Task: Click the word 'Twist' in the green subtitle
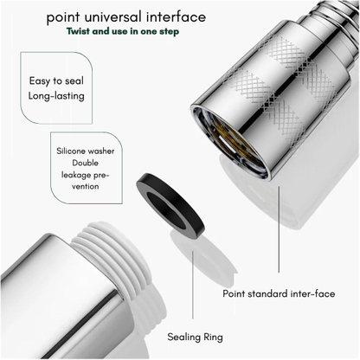(x=78, y=31)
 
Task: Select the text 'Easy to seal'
(x=56, y=81)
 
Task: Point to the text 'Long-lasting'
(x=56, y=96)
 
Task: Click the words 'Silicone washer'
(x=86, y=151)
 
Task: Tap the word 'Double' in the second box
(x=85, y=163)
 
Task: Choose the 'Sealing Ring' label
(x=195, y=337)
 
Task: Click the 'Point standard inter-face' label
(x=279, y=293)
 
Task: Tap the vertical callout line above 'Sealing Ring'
(x=193, y=285)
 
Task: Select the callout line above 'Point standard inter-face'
(x=279, y=229)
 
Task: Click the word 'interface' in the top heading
(x=176, y=16)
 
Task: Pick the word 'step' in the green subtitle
(x=169, y=31)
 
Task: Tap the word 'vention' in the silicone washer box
(x=86, y=186)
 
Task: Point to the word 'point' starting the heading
(x=63, y=17)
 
